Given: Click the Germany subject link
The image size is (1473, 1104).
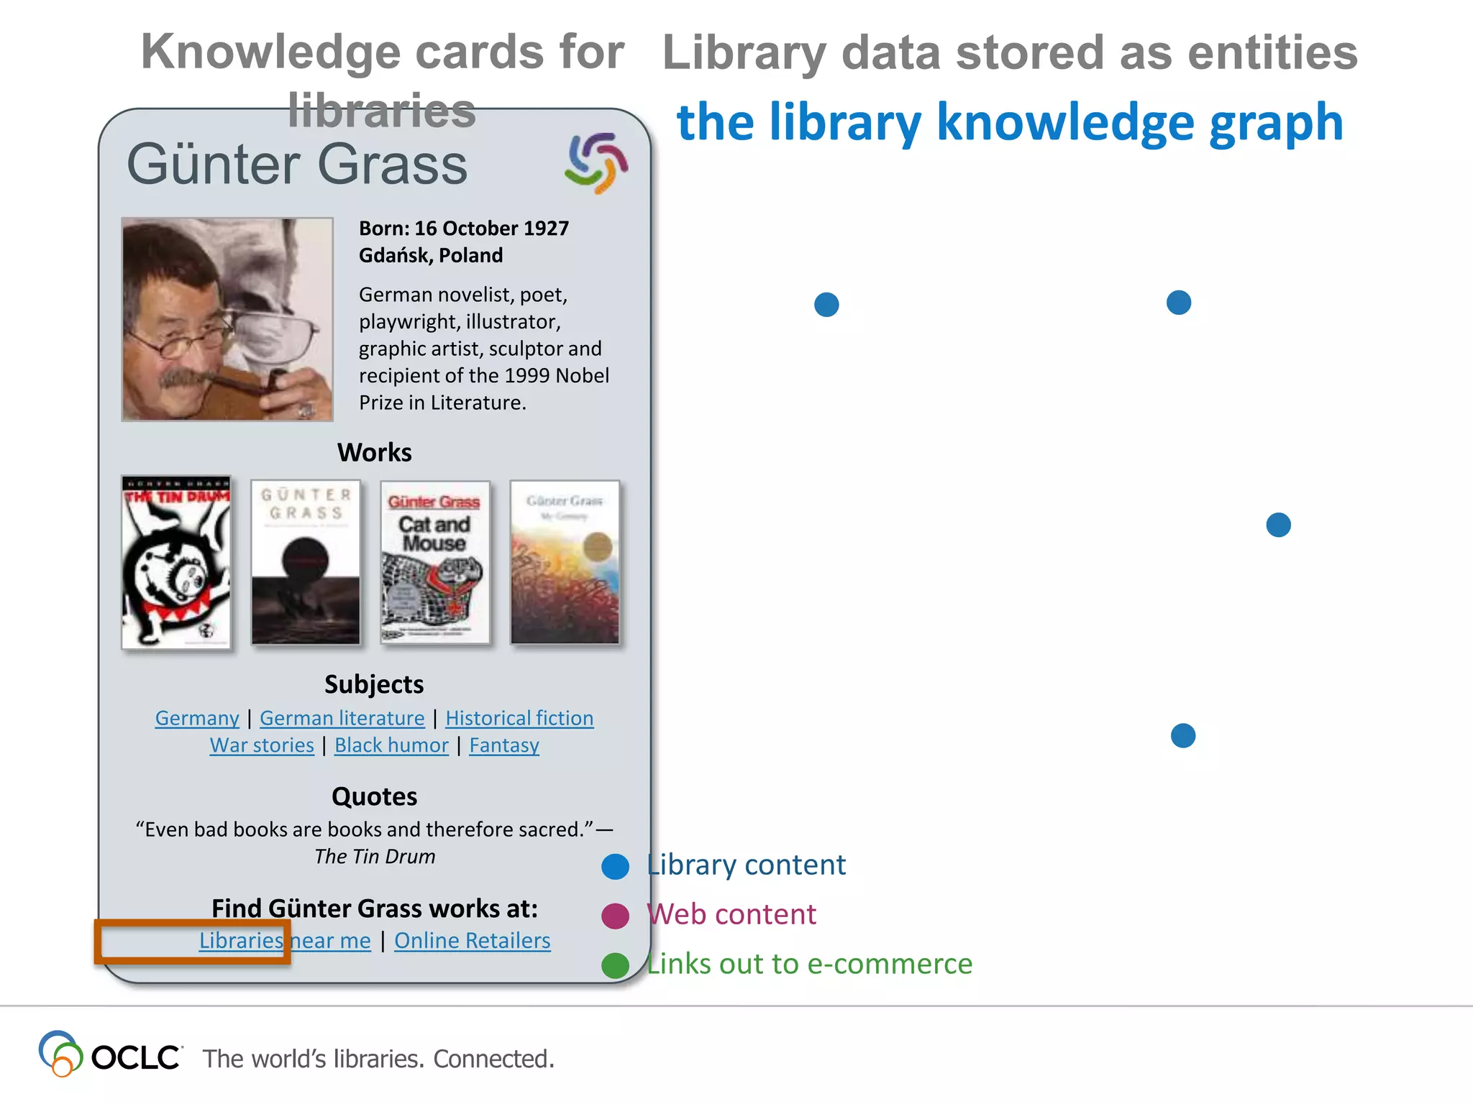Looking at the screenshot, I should (197, 718).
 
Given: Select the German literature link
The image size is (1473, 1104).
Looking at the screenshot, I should (342, 718).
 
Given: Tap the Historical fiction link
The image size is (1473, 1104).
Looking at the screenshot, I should (519, 718).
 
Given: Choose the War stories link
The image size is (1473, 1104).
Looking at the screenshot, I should (262, 745).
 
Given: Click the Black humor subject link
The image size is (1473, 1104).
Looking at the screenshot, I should (391, 745).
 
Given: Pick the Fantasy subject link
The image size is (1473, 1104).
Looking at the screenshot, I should (504, 745).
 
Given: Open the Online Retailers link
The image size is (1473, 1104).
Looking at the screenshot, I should (472, 940).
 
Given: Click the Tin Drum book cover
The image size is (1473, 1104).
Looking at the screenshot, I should (176, 562).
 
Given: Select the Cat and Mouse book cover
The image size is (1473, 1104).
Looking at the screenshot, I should (434, 562).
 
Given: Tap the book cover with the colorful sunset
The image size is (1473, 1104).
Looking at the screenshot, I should (565, 562).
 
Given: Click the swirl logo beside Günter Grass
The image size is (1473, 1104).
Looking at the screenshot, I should (596, 164).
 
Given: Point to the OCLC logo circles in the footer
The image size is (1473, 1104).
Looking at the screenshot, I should (59, 1054).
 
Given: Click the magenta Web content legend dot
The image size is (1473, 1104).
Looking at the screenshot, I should (615, 916).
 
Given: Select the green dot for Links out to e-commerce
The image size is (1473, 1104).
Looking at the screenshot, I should (615, 965).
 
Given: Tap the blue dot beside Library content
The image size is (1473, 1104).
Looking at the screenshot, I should (615, 866).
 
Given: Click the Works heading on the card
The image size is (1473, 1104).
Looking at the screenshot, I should (374, 452).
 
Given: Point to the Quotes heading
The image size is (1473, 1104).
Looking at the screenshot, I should (374, 796).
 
